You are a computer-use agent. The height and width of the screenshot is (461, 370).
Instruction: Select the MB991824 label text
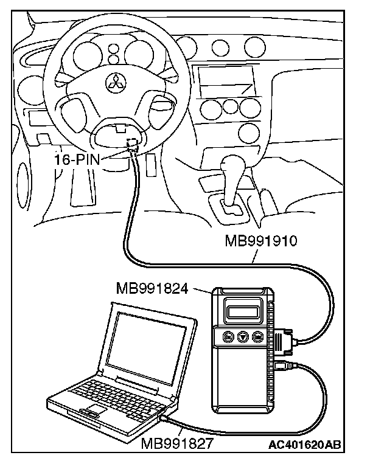(157, 286)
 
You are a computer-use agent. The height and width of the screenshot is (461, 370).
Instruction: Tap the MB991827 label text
(177, 445)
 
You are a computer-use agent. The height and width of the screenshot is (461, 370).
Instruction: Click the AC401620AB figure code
(304, 445)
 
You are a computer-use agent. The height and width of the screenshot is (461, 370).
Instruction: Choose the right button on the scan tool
(257, 336)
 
